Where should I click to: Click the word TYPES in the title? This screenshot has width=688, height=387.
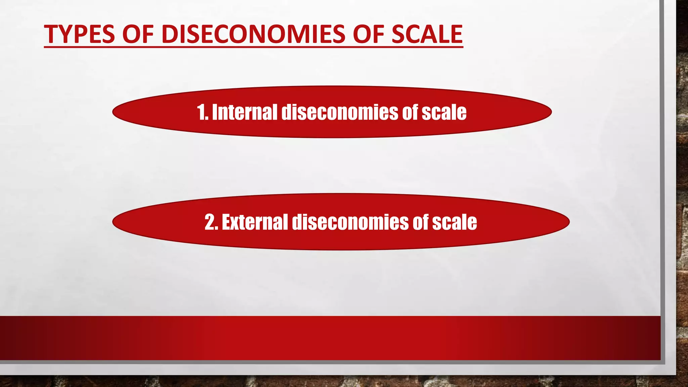coord(79,34)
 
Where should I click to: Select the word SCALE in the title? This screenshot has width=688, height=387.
coord(427,34)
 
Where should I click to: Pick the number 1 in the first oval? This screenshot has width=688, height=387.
coord(201,112)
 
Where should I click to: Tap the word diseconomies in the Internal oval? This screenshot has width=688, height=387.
coord(340,112)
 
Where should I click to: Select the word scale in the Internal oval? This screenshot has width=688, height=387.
coord(444,112)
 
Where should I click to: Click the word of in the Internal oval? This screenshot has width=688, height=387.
coord(410,112)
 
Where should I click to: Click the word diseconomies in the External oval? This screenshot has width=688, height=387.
coord(350,222)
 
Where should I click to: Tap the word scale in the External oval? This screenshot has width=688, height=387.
coord(454,222)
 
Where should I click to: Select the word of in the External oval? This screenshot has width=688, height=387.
coord(420,222)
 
